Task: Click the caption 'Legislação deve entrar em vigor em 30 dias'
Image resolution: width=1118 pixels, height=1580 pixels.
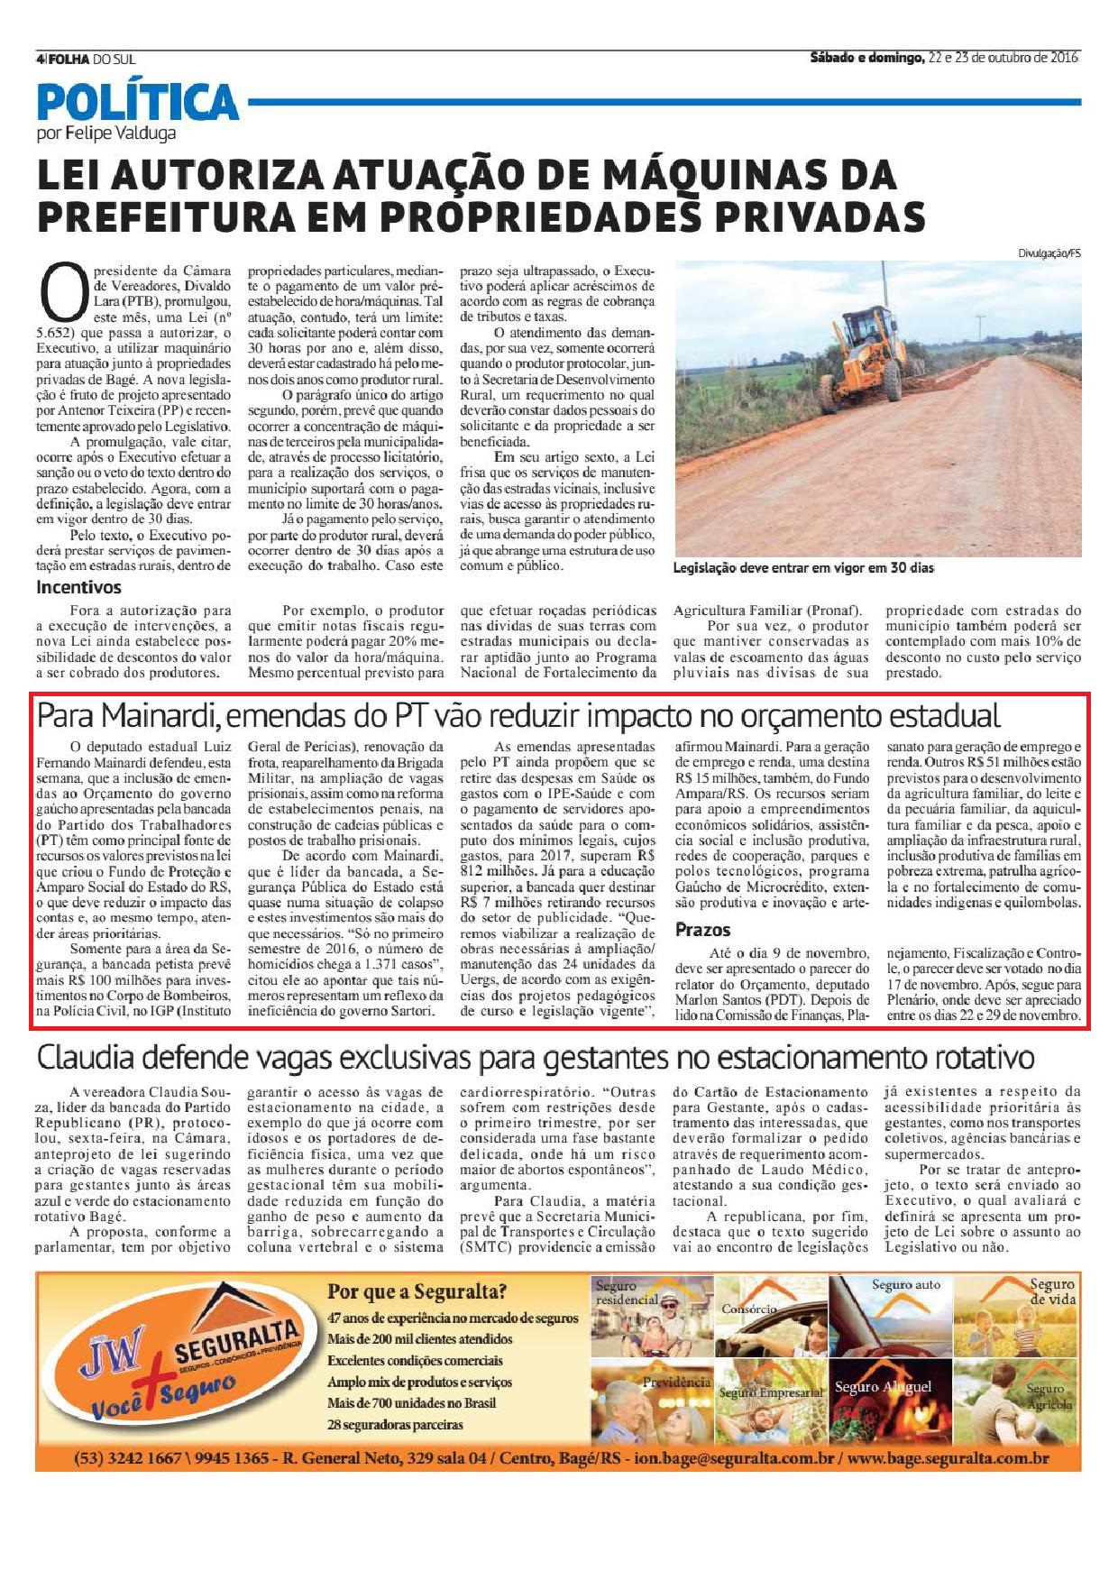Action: [x=803, y=569]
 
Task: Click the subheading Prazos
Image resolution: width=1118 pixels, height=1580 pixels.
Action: [x=702, y=929]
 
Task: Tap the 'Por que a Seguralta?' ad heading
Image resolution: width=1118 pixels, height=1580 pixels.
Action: [x=417, y=1291]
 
